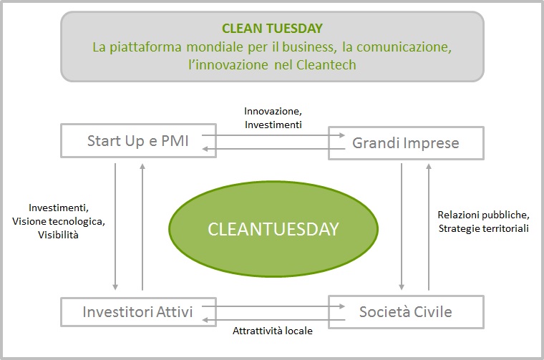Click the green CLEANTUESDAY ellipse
click(x=273, y=229)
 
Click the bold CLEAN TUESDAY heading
click(x=272, y=29)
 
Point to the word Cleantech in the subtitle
click(x=326, y=65)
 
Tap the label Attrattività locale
click(x=273, y=331)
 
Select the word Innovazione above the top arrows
click(x=273, y=112)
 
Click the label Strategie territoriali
click(x=484, y=228)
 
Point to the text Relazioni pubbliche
click(x=484, y=215)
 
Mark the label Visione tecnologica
click(x=59, y=221)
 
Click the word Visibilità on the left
click(x=58, y=235)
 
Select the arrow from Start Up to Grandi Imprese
click(x=273, y=135)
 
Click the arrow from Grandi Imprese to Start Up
click(x=273, y=149)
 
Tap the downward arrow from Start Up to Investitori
click(x=115, y=227)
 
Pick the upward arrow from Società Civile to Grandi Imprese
click(x=429, y=227)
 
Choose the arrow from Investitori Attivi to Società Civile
click(x=273, y=306)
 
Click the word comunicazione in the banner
click(x=404, y=47)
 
